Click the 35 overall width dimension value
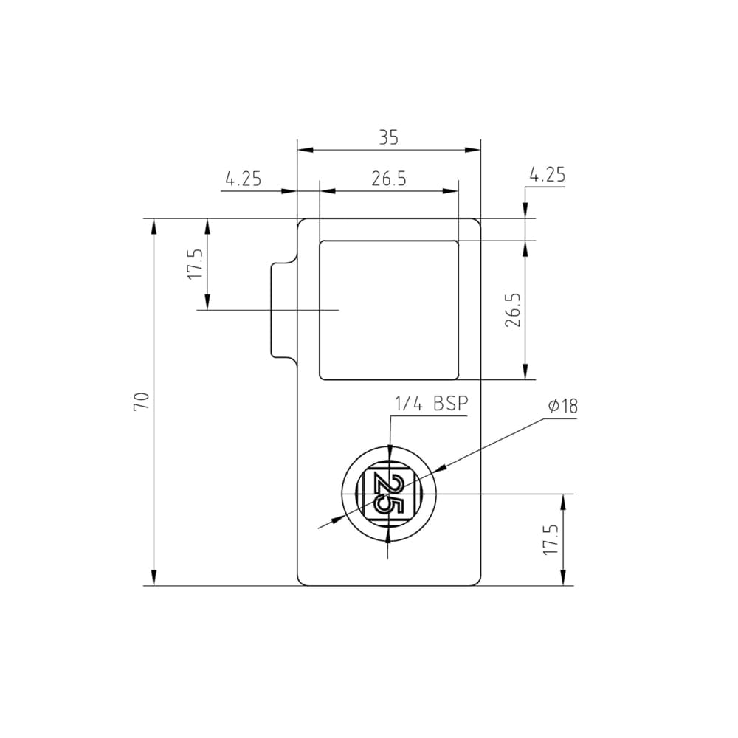pos(389,137)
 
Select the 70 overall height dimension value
pos(142,401)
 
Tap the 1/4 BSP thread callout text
pos(432,404)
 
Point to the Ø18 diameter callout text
pos(563,406)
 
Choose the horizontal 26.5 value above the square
pos(389,179)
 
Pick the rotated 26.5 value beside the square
pos(514,310)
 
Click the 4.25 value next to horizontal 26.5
pos(243,179)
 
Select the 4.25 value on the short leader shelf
pos(548,175)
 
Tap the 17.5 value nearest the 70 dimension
pos(195,263)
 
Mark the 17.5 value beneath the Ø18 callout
pos(551,540)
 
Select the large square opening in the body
pos(388,310)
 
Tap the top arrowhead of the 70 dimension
pos(154,226)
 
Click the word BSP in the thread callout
pos(451,404)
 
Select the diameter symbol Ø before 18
pos(553,406)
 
